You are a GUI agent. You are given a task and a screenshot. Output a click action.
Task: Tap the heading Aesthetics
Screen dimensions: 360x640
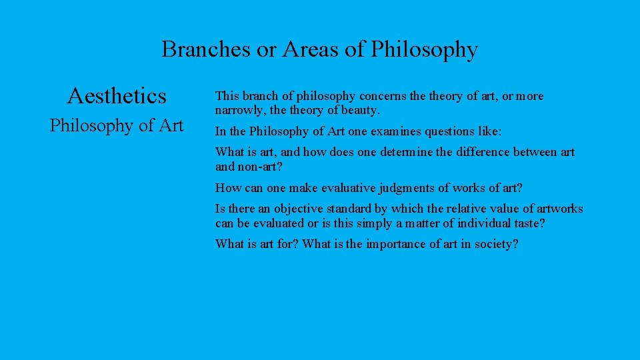117,97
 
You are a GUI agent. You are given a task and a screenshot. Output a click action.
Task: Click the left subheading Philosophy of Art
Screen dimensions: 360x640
117,125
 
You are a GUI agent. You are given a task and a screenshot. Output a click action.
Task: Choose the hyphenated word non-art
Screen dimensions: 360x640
255,167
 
